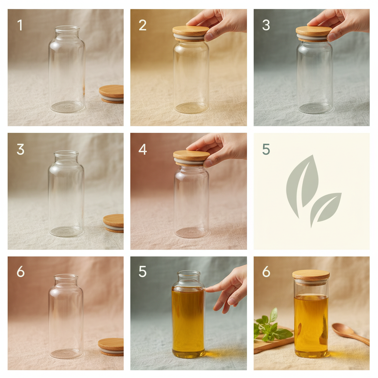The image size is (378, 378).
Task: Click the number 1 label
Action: (20, 25)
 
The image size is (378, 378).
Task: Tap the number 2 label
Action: (142, 25)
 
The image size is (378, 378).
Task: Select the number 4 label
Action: (142, 149)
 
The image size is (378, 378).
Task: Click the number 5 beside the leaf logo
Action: (266, 149)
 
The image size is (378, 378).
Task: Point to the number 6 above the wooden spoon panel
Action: (266, 272)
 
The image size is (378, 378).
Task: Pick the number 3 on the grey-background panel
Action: (266, 25)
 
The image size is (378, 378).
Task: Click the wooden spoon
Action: (349, 333)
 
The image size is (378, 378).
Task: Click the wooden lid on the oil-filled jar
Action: (311, 275)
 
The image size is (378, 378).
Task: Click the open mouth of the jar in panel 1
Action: (67, 28)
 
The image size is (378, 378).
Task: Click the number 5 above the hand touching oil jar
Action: (142, 272)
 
